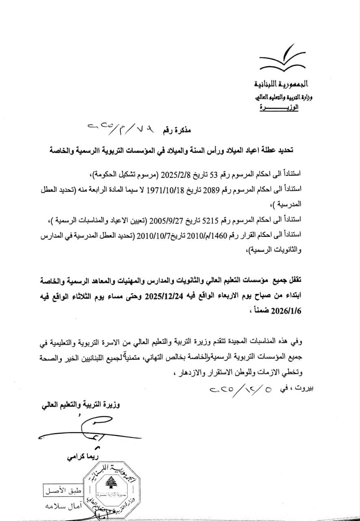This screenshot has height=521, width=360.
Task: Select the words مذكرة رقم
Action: click(x=177, y=131)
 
